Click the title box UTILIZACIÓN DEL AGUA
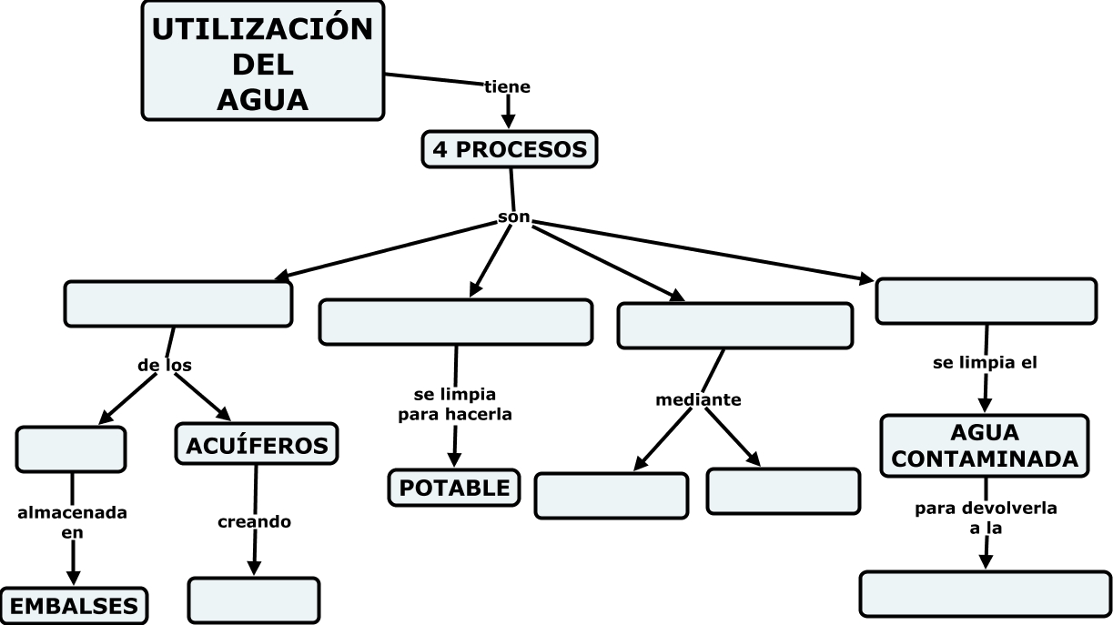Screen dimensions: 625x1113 [x=262, y=60]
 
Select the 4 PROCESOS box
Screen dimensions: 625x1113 [x=510, y=149]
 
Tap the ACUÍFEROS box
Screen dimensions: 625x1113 [x=257, y=445]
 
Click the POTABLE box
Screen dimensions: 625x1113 [x=455, y=487]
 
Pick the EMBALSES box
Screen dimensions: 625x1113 [x=74, y=606]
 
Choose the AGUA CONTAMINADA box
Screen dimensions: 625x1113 [x=984, y=446]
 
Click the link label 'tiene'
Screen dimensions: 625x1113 [x=507, y=87]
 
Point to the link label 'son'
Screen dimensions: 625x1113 [x=514, y=218]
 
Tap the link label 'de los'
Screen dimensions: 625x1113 [x=165, y=365]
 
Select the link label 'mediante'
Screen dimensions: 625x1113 [x=699, y=399]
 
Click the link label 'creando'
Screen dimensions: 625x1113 [x=254, y=522]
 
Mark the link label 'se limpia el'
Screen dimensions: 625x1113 [x=986, y=362]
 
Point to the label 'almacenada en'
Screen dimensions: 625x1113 [x=73, y=523]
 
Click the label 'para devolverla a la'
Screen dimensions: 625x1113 [x=986, y=517]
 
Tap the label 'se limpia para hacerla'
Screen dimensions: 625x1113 [x=455, y=405]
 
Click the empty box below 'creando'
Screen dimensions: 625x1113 [x=254, y=600]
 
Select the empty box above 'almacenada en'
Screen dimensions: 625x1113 [x=71, y=449]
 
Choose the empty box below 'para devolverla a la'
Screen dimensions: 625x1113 [x=985, y=594]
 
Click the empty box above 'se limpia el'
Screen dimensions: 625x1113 [x=986, y=301]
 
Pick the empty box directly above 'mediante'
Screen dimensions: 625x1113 [x=734, y=326]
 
